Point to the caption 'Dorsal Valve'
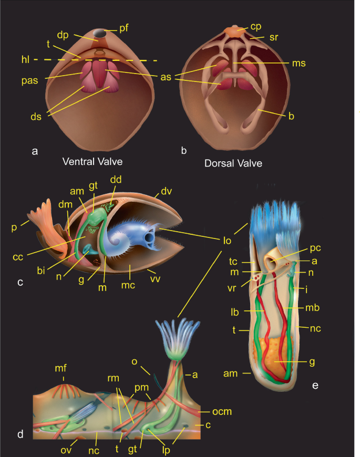pyautogui.click(x=233, y=163)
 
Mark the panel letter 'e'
pyautogui.click(x=315, y=387)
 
